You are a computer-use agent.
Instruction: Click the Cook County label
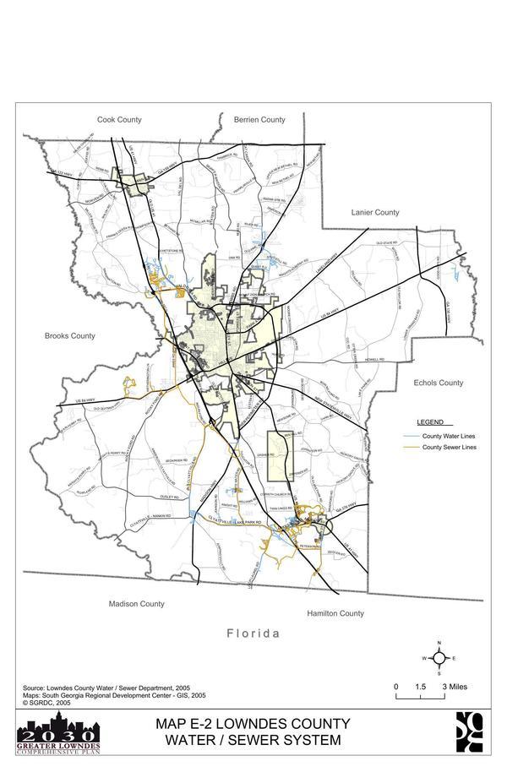118,120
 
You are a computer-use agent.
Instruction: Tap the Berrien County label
260,120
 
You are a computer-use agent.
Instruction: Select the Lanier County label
375,213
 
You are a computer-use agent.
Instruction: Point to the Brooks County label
69,336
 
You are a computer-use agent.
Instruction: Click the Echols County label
439,383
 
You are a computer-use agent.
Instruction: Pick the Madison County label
136,604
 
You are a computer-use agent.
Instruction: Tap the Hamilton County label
335,613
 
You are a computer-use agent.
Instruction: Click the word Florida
253,633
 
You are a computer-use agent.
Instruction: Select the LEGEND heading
430,421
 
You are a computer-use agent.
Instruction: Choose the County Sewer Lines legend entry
449,447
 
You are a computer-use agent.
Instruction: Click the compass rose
439,658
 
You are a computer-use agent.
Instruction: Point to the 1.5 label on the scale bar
420,687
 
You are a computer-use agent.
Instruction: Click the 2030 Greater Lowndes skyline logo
58,732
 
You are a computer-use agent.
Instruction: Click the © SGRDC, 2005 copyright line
46,702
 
